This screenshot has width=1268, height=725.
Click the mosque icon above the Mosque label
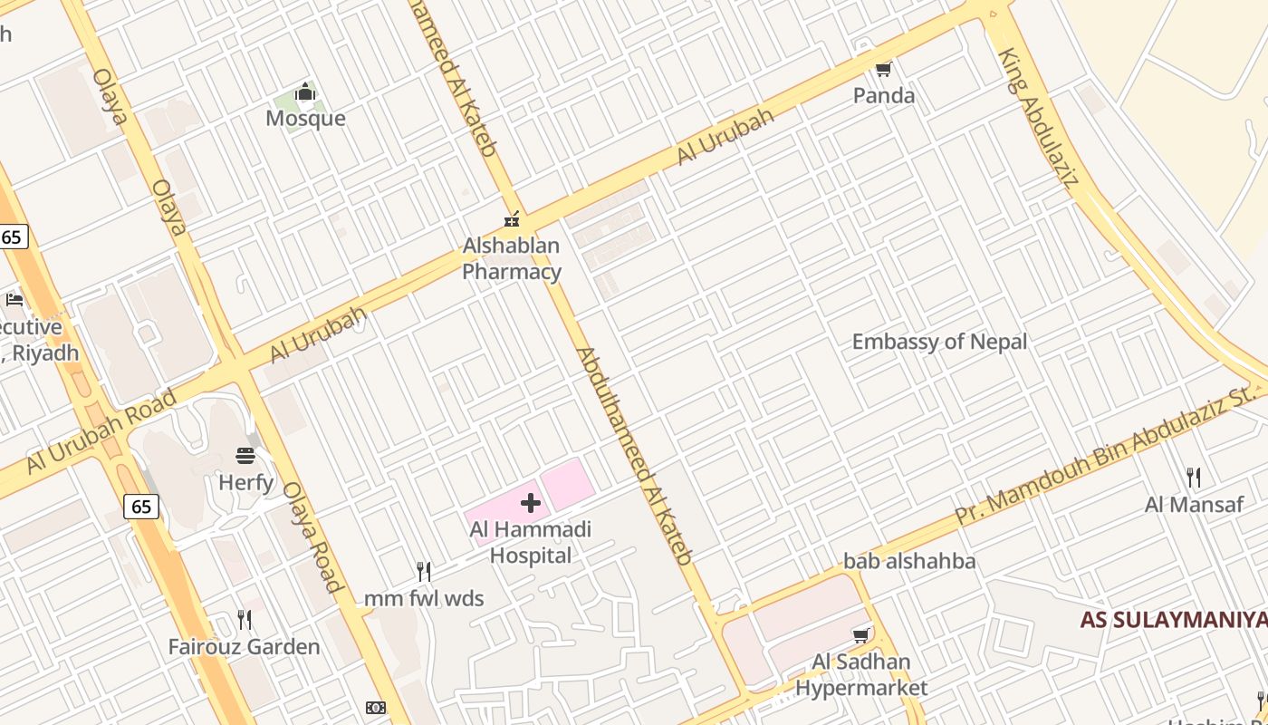[305, 92]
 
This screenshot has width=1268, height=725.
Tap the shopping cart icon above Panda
[883, 69]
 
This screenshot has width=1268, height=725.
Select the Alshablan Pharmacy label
[512, 258]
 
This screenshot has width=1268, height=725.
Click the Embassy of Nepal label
[939, 342]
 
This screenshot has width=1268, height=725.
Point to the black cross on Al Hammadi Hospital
[531, 503]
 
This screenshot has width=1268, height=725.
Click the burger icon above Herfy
[245, 456]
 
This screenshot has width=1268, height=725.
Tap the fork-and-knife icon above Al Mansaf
[1194, 478]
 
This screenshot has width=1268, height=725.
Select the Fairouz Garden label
[244, 647]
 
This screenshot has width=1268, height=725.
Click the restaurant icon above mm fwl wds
[423, 571]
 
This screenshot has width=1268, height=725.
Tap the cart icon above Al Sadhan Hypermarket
[861, 635]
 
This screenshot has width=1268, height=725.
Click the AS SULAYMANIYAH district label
[1172, 621]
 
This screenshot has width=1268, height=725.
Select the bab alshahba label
[909, 561]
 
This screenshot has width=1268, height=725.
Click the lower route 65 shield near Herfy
[142, 506]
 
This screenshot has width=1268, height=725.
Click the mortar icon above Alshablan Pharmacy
[512, 218]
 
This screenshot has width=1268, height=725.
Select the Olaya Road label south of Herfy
[313, 536]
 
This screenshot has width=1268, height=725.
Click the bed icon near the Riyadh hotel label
[14, 299]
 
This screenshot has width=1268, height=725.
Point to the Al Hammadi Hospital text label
[530, 542]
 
